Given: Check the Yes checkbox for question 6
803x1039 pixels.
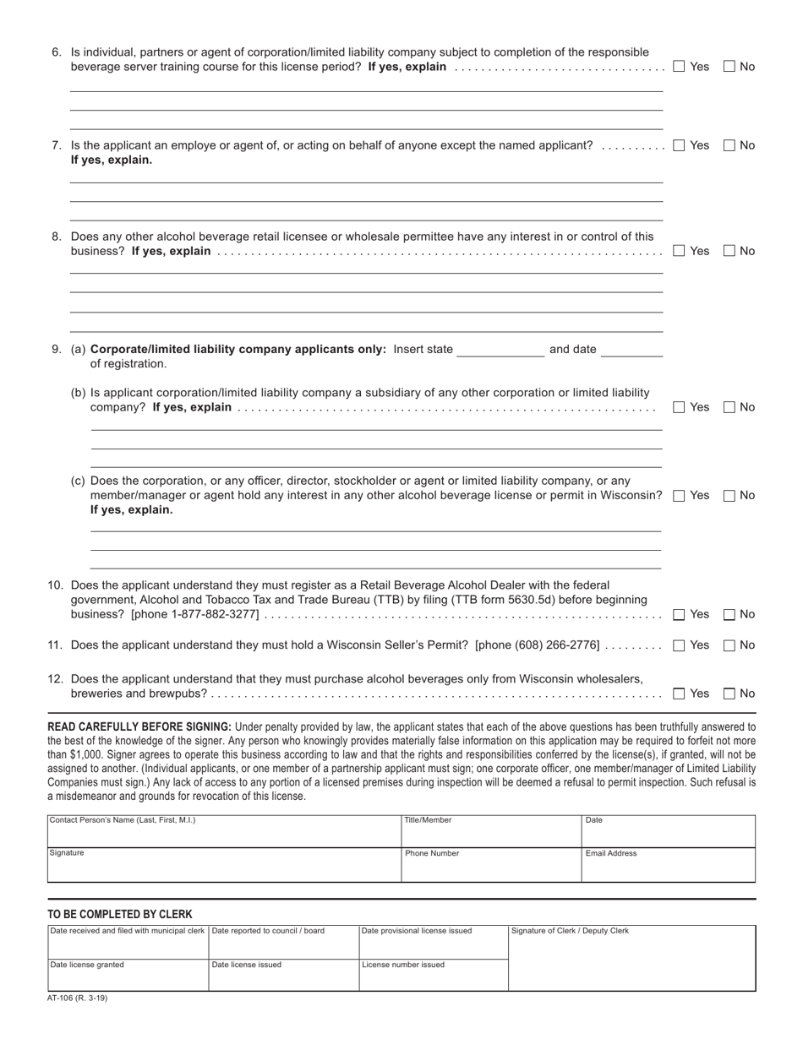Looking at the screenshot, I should [679, 67].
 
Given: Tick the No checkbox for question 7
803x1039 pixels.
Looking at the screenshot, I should [729, 145].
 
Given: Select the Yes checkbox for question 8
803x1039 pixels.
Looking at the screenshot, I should [679, 251].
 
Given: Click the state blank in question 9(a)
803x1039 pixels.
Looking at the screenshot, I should [500, 350].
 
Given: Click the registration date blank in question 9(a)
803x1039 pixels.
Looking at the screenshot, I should [631, 350].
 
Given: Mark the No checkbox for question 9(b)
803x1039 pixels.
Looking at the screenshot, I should [729, 407].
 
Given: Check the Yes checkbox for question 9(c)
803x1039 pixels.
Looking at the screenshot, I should [679, 496].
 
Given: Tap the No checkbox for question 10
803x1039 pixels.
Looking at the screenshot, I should [729, 615].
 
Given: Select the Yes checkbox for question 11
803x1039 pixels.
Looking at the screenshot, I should [679, 645].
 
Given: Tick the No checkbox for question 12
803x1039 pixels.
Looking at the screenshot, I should [729, 694].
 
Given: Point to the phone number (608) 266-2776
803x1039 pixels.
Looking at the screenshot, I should [555, 645].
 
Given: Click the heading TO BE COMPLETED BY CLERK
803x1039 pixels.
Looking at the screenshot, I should [120, 914].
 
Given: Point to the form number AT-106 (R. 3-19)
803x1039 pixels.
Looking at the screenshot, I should [78, 998].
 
